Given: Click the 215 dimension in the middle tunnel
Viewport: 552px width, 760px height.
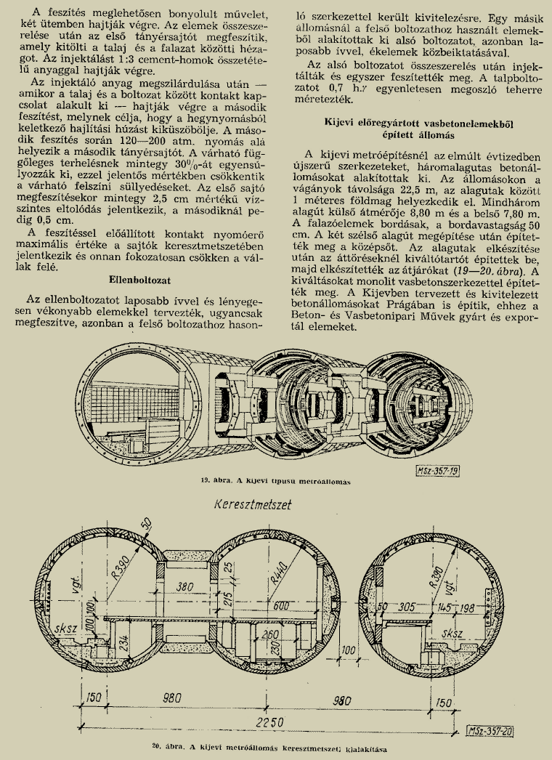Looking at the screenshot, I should tap(228, 601).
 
